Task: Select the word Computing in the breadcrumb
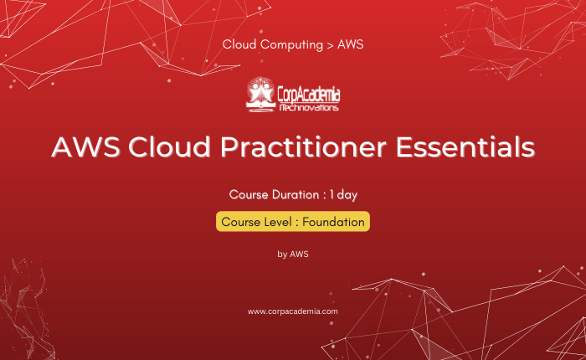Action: pos(291,45)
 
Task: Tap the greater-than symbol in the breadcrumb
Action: pos(330,45)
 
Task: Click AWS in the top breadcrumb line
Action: pos(351,44)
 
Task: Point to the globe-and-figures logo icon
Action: pos(260,95)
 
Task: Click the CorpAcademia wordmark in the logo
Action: pos(309,95)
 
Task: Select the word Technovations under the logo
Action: pos(309,108)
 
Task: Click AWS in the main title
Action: pos(85,147)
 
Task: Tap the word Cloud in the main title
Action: pos(169,147)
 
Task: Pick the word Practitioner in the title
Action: pos(303,147)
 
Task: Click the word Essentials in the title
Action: pos(465,147)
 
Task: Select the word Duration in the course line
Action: pos(296,194)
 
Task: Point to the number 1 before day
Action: pos(332,194)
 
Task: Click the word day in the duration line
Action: pos(347,195)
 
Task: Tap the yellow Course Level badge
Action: pos(293,222)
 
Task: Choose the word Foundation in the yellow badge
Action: pos(333,222)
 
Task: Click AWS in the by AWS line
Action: pos(300,255)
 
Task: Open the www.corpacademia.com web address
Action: pos(293,311)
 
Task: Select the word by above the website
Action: pos(282,255)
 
